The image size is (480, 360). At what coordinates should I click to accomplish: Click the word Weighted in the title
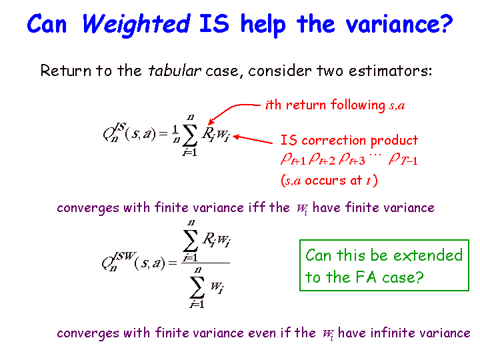coord(136,25)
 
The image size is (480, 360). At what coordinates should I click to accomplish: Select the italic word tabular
coord(175,71)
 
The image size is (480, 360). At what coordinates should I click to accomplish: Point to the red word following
coord(357,105)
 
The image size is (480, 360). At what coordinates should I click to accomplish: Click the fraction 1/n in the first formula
coord(175,134)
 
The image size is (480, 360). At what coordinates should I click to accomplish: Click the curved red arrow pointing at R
coord(231,110)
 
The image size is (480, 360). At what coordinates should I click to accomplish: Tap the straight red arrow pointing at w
coord(253,139)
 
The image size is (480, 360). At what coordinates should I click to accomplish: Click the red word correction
coord(334,140)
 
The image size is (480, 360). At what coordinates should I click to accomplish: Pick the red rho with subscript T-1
coord(403,160)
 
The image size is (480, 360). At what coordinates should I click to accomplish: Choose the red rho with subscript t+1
coord(293,160)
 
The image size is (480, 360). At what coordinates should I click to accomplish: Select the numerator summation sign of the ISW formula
coord(191,240)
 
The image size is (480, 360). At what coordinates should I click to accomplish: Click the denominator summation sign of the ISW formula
coord(197,287)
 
